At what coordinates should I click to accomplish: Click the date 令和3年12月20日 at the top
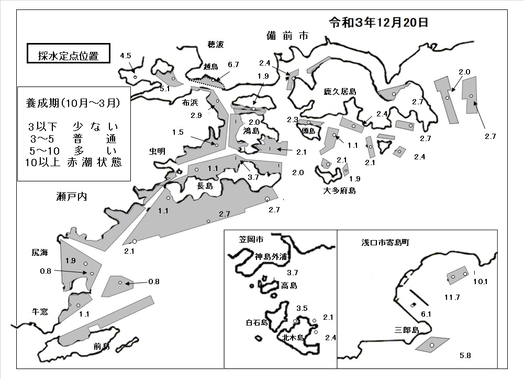click(378, 23)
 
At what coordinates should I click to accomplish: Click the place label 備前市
click(287, 36)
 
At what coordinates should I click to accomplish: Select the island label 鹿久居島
click(340, 91)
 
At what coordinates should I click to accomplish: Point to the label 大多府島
click(339, 191)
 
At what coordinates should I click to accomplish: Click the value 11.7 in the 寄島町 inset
click(452, 297)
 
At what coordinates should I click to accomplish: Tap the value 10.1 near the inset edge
click(480, 281)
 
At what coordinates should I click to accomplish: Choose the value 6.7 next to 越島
click(233, 64)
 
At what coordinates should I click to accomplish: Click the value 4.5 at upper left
click(126, 56)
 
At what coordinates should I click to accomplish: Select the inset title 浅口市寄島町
click(385, 242)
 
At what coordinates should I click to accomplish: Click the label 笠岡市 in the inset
click(251, 239)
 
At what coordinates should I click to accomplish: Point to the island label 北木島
click(293, 337)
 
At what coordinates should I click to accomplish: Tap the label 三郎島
click(407, 330)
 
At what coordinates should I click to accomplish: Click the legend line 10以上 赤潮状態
click(73, 162)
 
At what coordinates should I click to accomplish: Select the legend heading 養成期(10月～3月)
click(73, 103)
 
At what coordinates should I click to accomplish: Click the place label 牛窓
click(40, 312)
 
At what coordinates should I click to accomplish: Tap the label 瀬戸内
click(72, 197)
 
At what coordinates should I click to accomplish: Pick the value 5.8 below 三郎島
click(465, 355)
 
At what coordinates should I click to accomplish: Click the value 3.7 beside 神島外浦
click(293, 273)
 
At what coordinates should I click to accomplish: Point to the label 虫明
click(157, 151)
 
